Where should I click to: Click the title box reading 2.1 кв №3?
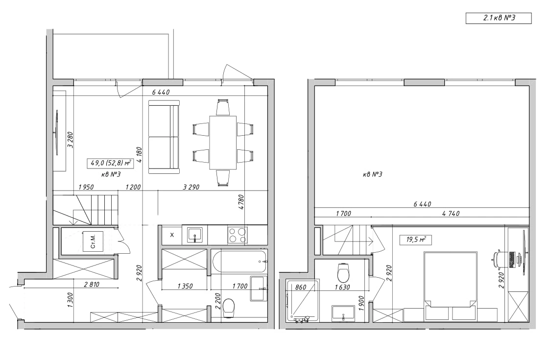[x=499, y=18]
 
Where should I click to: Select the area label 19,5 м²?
[x=416, y=240]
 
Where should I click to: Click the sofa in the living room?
[x=164, y=137]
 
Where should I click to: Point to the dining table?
[x=223, y=143]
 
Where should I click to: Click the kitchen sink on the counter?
[x=194, y=235]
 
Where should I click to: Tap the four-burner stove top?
[x=238, y=235]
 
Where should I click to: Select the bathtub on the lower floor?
[x=239, y=262]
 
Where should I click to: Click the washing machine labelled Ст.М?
[x=93, y=241]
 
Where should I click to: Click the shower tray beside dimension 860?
[x=302, y=301]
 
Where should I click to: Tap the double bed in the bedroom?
[x=451, y=286]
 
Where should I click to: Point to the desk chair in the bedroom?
[x=498, y=259]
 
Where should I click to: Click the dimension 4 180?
[x=139, y=155]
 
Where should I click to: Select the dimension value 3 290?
[x=191, y=187]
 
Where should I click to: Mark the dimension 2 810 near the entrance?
[x=92, y=284]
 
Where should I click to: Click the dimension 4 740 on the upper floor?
[x=451, y=214]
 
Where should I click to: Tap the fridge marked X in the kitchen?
[x=172, y=235]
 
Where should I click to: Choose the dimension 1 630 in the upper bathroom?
[x=342, y=287]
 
